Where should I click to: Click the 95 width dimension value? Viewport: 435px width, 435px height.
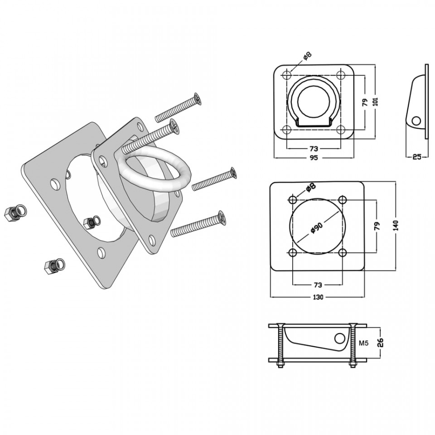(x=314, y=158)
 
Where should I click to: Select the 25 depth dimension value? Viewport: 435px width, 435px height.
(x=417, y=157)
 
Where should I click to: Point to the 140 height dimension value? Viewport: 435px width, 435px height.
(x=396, y=225)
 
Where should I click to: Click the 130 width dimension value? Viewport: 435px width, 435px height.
(x=318, y=297)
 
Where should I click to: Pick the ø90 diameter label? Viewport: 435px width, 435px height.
(x=317, y=227)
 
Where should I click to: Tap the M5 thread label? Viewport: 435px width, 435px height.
(x=363, y=343)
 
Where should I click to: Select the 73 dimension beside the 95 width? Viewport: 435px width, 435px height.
(x=314, y=149)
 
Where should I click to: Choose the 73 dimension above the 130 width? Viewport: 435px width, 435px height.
(x=318, y=285)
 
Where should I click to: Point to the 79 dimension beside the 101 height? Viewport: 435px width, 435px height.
(x=365, y=102)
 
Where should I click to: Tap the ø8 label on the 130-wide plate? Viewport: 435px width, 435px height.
(x=311, y=188)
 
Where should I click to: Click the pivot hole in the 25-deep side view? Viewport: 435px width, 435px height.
(x=416, y=121)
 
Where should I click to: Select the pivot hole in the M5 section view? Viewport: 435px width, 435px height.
(x=340, y=338)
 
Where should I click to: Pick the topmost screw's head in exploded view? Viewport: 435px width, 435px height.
(x=198, y=99)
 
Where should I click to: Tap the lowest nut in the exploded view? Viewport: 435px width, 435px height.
(x=49, y=267)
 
